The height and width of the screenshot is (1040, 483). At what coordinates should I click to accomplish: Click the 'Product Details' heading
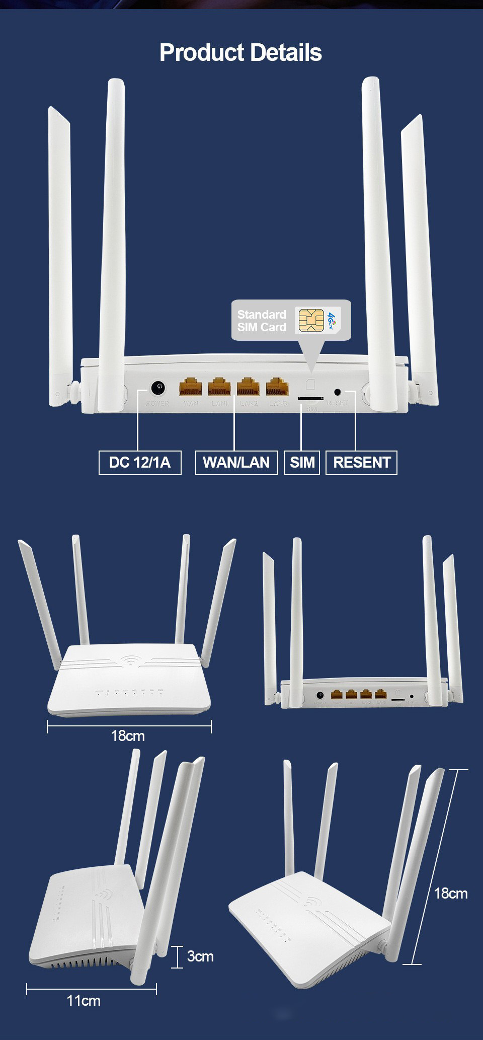[x=240, y=53]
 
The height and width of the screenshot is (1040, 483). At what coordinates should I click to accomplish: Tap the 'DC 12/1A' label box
[x=140, y=462]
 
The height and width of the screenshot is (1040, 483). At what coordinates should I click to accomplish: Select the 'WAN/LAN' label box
[x=236, y=462]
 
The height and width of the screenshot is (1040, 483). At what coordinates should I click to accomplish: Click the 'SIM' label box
[x=302, y=462]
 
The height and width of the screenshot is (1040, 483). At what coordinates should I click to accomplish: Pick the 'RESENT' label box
[x=362, y=462]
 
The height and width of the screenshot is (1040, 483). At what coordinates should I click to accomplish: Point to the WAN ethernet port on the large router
[x=191, y=387]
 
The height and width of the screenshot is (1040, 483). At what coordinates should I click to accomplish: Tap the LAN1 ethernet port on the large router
[x=219, y=387]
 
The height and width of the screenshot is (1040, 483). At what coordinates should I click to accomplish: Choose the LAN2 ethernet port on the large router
[x=248, y=387]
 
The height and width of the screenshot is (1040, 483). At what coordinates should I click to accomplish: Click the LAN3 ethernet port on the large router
[x=277, y=387]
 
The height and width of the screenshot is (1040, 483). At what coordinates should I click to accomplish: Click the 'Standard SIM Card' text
[x=262, y=321]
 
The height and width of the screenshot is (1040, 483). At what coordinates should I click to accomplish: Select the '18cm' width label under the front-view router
[x=128, y=736]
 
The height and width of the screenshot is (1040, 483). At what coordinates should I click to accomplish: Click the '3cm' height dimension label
[x=200, y=956]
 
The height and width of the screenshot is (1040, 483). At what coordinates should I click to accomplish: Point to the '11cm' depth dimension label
[x=84, y=1001]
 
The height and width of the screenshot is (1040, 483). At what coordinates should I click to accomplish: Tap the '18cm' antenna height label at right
[x=450, y=894]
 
